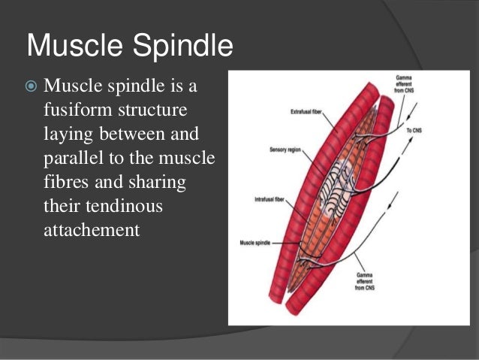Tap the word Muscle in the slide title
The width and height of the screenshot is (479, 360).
[x=73, y=47]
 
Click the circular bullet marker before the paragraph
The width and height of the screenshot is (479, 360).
[x=32, y=87]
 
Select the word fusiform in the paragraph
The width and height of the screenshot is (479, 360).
[x=76, y=110]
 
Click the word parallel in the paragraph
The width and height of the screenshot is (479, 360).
[x=73, y=159]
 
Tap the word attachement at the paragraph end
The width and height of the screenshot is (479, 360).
[x=92, y=230]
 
